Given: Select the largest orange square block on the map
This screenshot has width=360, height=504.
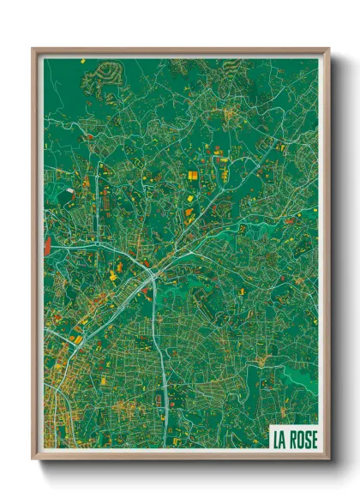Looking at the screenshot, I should coord(193,176).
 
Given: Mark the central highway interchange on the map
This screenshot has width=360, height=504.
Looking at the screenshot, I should coord(152,274).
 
